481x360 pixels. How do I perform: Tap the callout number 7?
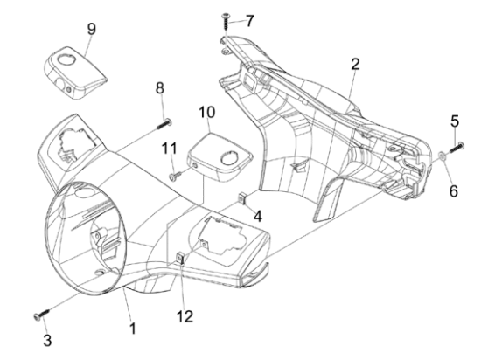pos(250,18)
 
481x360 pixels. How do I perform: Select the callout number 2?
pos(354,64)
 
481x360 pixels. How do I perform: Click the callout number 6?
pos(454,165)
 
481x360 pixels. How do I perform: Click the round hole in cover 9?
pos(66,59)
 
